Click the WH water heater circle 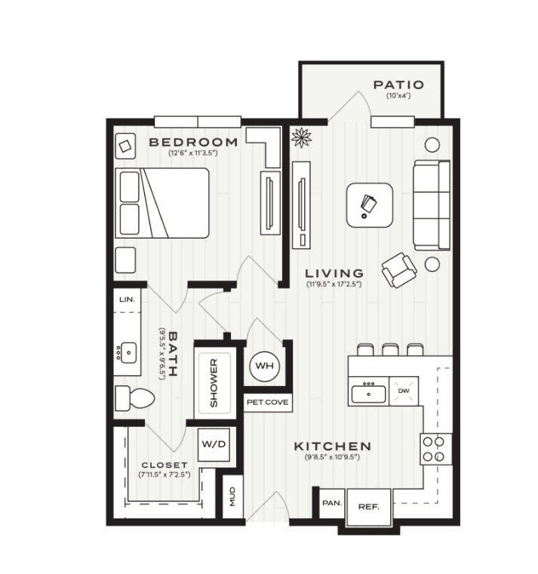click(x=264, y=366)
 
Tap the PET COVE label click(x=267, y=402)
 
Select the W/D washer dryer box click(x=214, y=444)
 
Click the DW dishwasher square click(x=404, y=391)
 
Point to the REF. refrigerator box click(x=369, y=507)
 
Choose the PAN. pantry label click(x=332, y=503)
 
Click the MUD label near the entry click(x=232, y=496)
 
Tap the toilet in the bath click(x=134, y=398)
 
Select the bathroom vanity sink click(x=128, y=353)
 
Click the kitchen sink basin click(x=368, y=394)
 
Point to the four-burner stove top click(x=435, y=449)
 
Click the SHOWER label click(x=214, y=383)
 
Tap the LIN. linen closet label click(x=127, y=299)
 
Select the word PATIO click(x=398, y=85)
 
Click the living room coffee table click(x=370, y=205)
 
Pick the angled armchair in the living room click(x=399, y=270)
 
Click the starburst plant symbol click(x=301, y=137)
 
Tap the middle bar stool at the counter click(x=390, y=350)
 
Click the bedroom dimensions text click(x=192, y=153)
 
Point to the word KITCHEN click(x=333, y=446)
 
